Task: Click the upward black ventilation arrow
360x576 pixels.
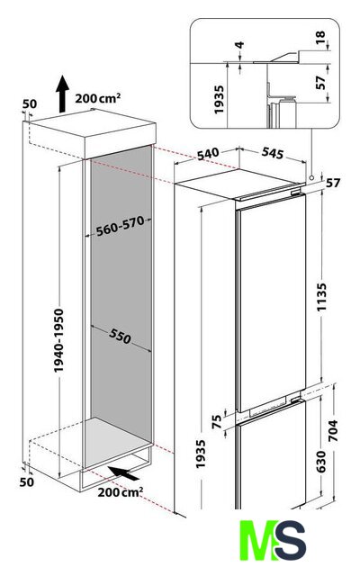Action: click(x=62, y=94)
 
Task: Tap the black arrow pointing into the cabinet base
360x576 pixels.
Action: click(x=124, y=473)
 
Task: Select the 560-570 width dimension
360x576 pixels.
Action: click(x=120, y=227)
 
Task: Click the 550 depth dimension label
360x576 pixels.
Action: click(x=120, y=336)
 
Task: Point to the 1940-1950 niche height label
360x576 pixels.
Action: click(x=58, y=340)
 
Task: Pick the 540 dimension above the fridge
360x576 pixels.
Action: click(x=208, y=154)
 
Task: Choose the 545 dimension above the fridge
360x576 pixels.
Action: click(x=273, y=153)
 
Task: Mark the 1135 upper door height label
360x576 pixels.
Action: click(x=322, y=297)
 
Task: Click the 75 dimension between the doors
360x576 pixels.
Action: click(x=217, y=421)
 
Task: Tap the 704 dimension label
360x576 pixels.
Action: click(x=332, y=430)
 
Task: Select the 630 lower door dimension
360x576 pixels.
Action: click(x=320, y=462)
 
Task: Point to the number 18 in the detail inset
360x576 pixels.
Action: click(x=320, y=37)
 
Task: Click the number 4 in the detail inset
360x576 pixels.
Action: click(x=239, y=45)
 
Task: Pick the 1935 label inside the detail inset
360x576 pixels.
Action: click(x=219, y=100)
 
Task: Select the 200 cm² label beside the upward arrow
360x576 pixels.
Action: click(x=98, y=98)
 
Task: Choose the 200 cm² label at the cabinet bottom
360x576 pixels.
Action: click(x=120, y=492)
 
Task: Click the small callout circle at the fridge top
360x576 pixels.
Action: click(x=312, y=177)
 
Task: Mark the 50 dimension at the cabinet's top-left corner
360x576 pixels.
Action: click(x=30, y=104)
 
